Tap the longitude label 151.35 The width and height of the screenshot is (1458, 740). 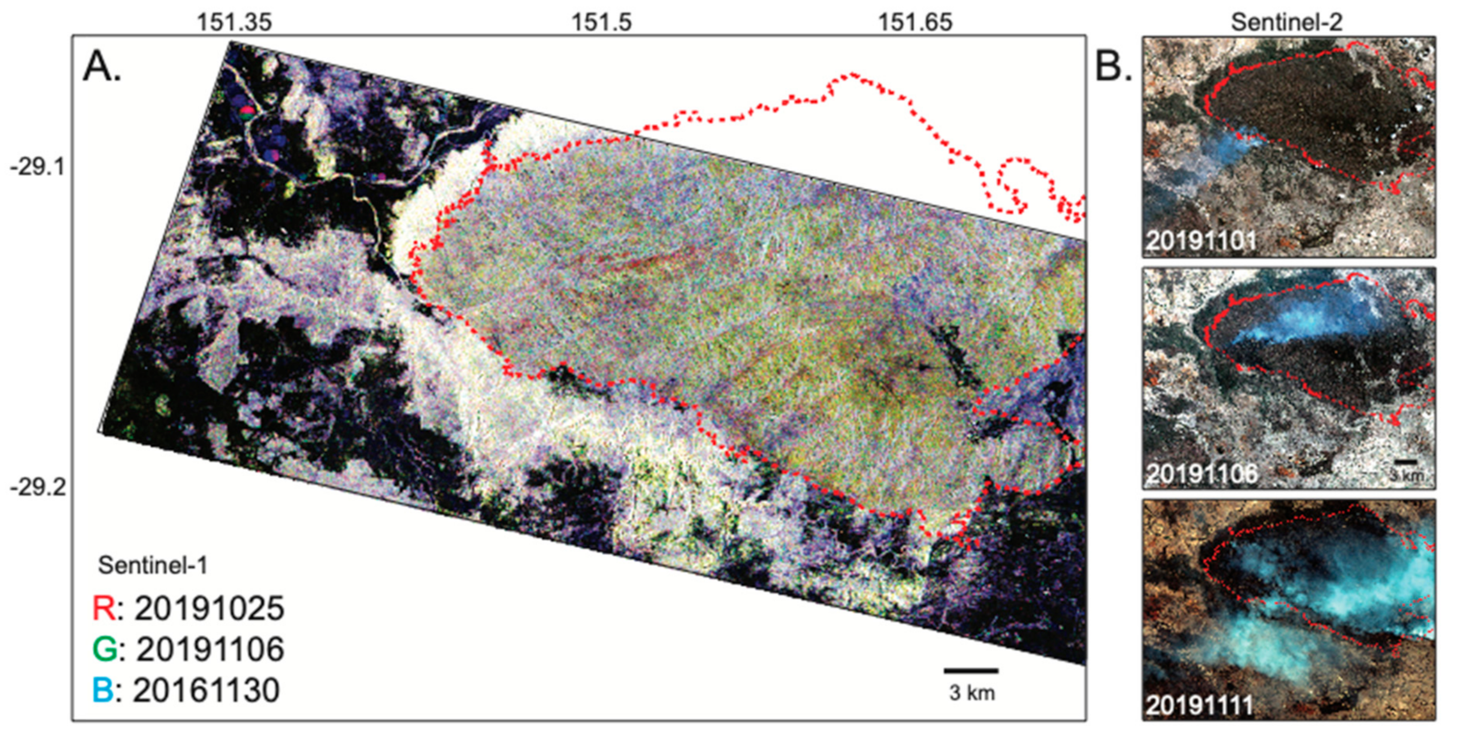[234, 23]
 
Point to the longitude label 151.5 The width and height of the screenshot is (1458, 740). [601, 23]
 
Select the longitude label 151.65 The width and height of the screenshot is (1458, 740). [915, 23]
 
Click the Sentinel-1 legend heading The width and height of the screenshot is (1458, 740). [153, 565]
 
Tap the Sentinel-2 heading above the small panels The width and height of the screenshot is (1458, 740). [1286, 23]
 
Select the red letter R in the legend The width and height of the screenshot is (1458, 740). [104, 609]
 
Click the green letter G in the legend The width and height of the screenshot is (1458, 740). [104, 649]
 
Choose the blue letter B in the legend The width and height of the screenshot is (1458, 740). [103, 690]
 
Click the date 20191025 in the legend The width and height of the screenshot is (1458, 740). [209, 609]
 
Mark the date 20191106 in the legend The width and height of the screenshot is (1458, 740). [209, 649]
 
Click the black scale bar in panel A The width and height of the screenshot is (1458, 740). [971, 671]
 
